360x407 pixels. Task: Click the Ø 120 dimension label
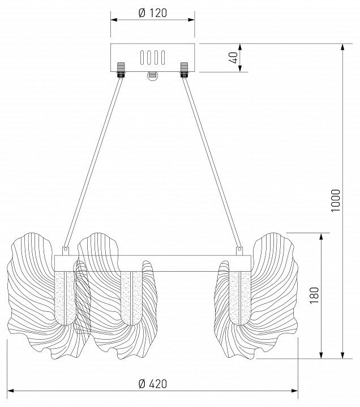coord(153,13)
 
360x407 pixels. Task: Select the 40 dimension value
coord(234,58)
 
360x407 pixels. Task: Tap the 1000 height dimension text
coord(335,200)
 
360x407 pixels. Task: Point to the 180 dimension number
coord(314,295)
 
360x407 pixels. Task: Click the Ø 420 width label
coord(153,384)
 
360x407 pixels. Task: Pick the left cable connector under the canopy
coord(121,70)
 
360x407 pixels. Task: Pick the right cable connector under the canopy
coord(184,70)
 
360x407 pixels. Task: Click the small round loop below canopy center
coord(152,76)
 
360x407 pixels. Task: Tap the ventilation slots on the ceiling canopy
coord(152,57)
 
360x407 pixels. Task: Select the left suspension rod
coord(93,163)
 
